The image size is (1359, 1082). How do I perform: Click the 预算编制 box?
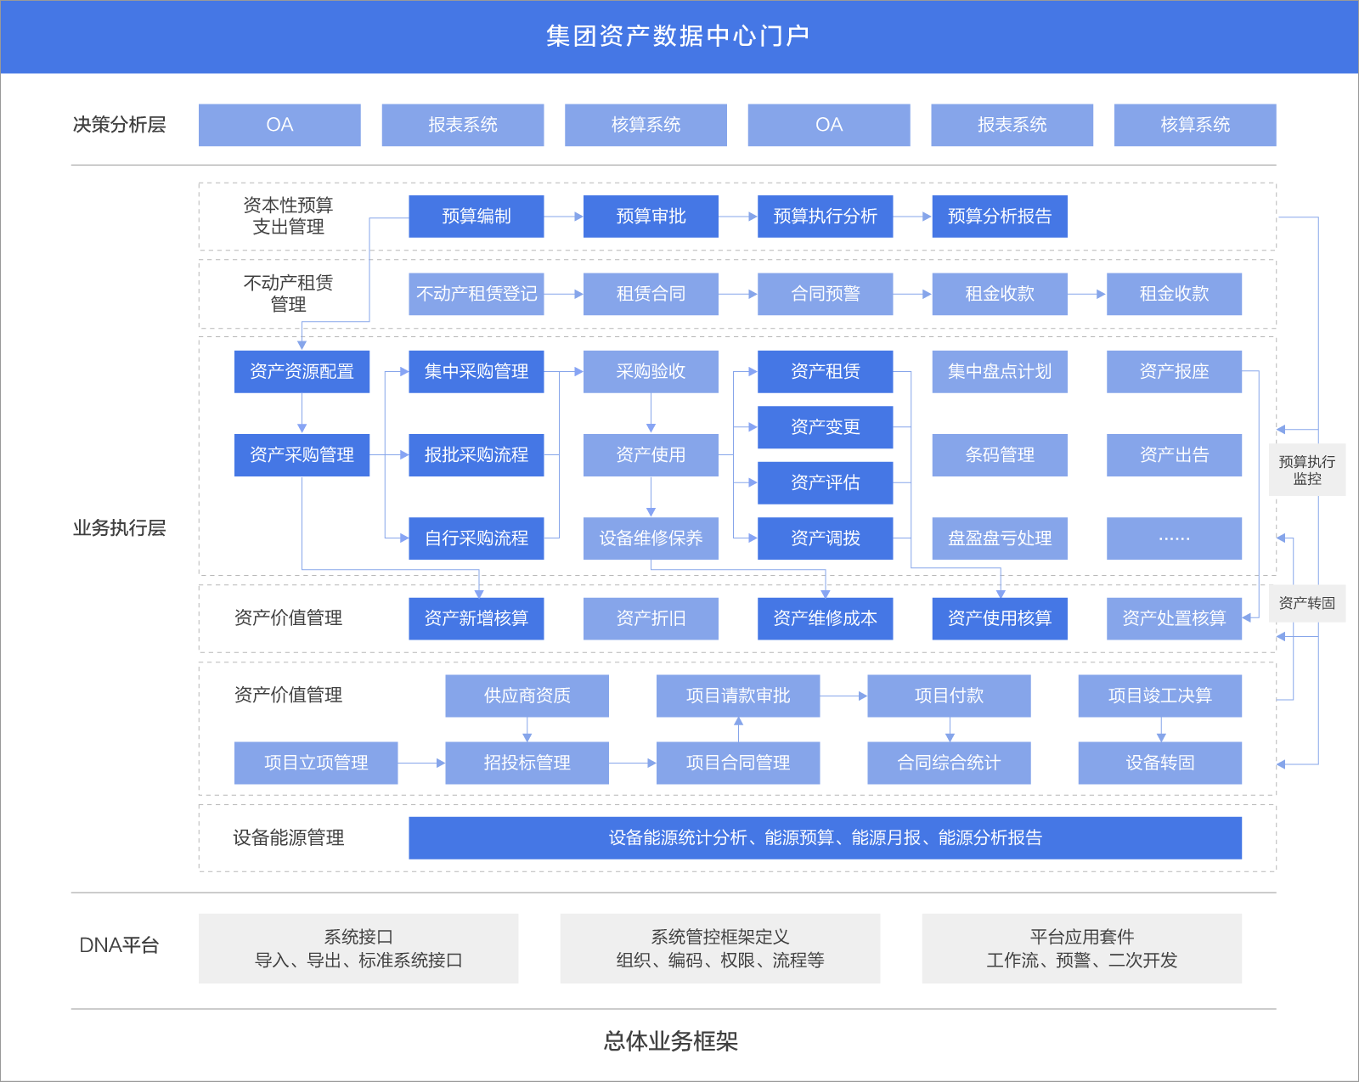[x=476, y=217]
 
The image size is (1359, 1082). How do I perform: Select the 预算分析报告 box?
[x=999, y=217]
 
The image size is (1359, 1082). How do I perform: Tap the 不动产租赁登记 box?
[x=476, y=294]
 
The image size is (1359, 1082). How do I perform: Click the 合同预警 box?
[x=825, y=294]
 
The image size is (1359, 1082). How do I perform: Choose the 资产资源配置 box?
[x=302, y=371]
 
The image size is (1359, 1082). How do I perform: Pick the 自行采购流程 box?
[x=476, y=538]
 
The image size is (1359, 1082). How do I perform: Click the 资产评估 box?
[x=825, y=482]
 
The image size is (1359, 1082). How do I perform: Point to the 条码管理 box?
[x=999, y=454]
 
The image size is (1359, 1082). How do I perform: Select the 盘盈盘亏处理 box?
[x=999, y=538]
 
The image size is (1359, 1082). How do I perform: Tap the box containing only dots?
[x=1174, y=538]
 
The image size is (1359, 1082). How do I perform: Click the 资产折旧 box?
[x=651, y=618]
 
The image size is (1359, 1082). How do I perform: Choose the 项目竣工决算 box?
[x=1159, y=696]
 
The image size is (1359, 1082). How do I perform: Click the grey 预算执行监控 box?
[x=1306, y=470]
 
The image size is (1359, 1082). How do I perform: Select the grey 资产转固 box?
[x=1306, y=603]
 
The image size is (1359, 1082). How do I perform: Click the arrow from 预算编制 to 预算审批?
[x=563, y=217]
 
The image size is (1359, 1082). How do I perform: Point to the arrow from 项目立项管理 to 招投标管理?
[x=421, y=763]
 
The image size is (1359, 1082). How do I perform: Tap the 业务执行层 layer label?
[x=119, y=528]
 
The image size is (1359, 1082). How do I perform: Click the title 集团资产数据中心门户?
[x=678, y=36]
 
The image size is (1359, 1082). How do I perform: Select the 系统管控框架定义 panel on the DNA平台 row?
[x=719, y=948]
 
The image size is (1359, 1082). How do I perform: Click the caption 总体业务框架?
[x=670, y=1041]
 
